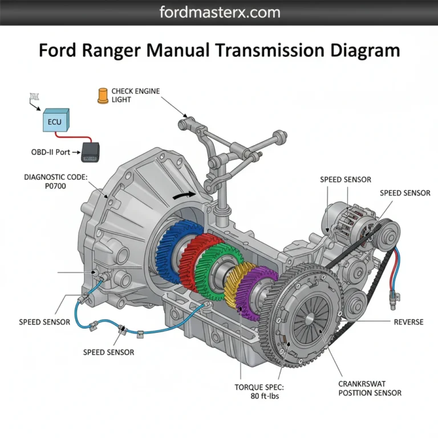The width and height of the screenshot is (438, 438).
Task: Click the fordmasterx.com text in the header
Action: pyautogui.click(x=219, y=12)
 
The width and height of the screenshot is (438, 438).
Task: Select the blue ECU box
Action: pyautogui.click(x=55, y=120)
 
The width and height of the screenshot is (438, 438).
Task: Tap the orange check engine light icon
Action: pyautogui.click(x=103, y=95)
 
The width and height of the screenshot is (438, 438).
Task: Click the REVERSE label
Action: pyautogui.click(x=408, y=322)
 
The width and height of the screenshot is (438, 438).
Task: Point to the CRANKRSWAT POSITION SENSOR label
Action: pyautogui.click(x=370, y=388)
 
